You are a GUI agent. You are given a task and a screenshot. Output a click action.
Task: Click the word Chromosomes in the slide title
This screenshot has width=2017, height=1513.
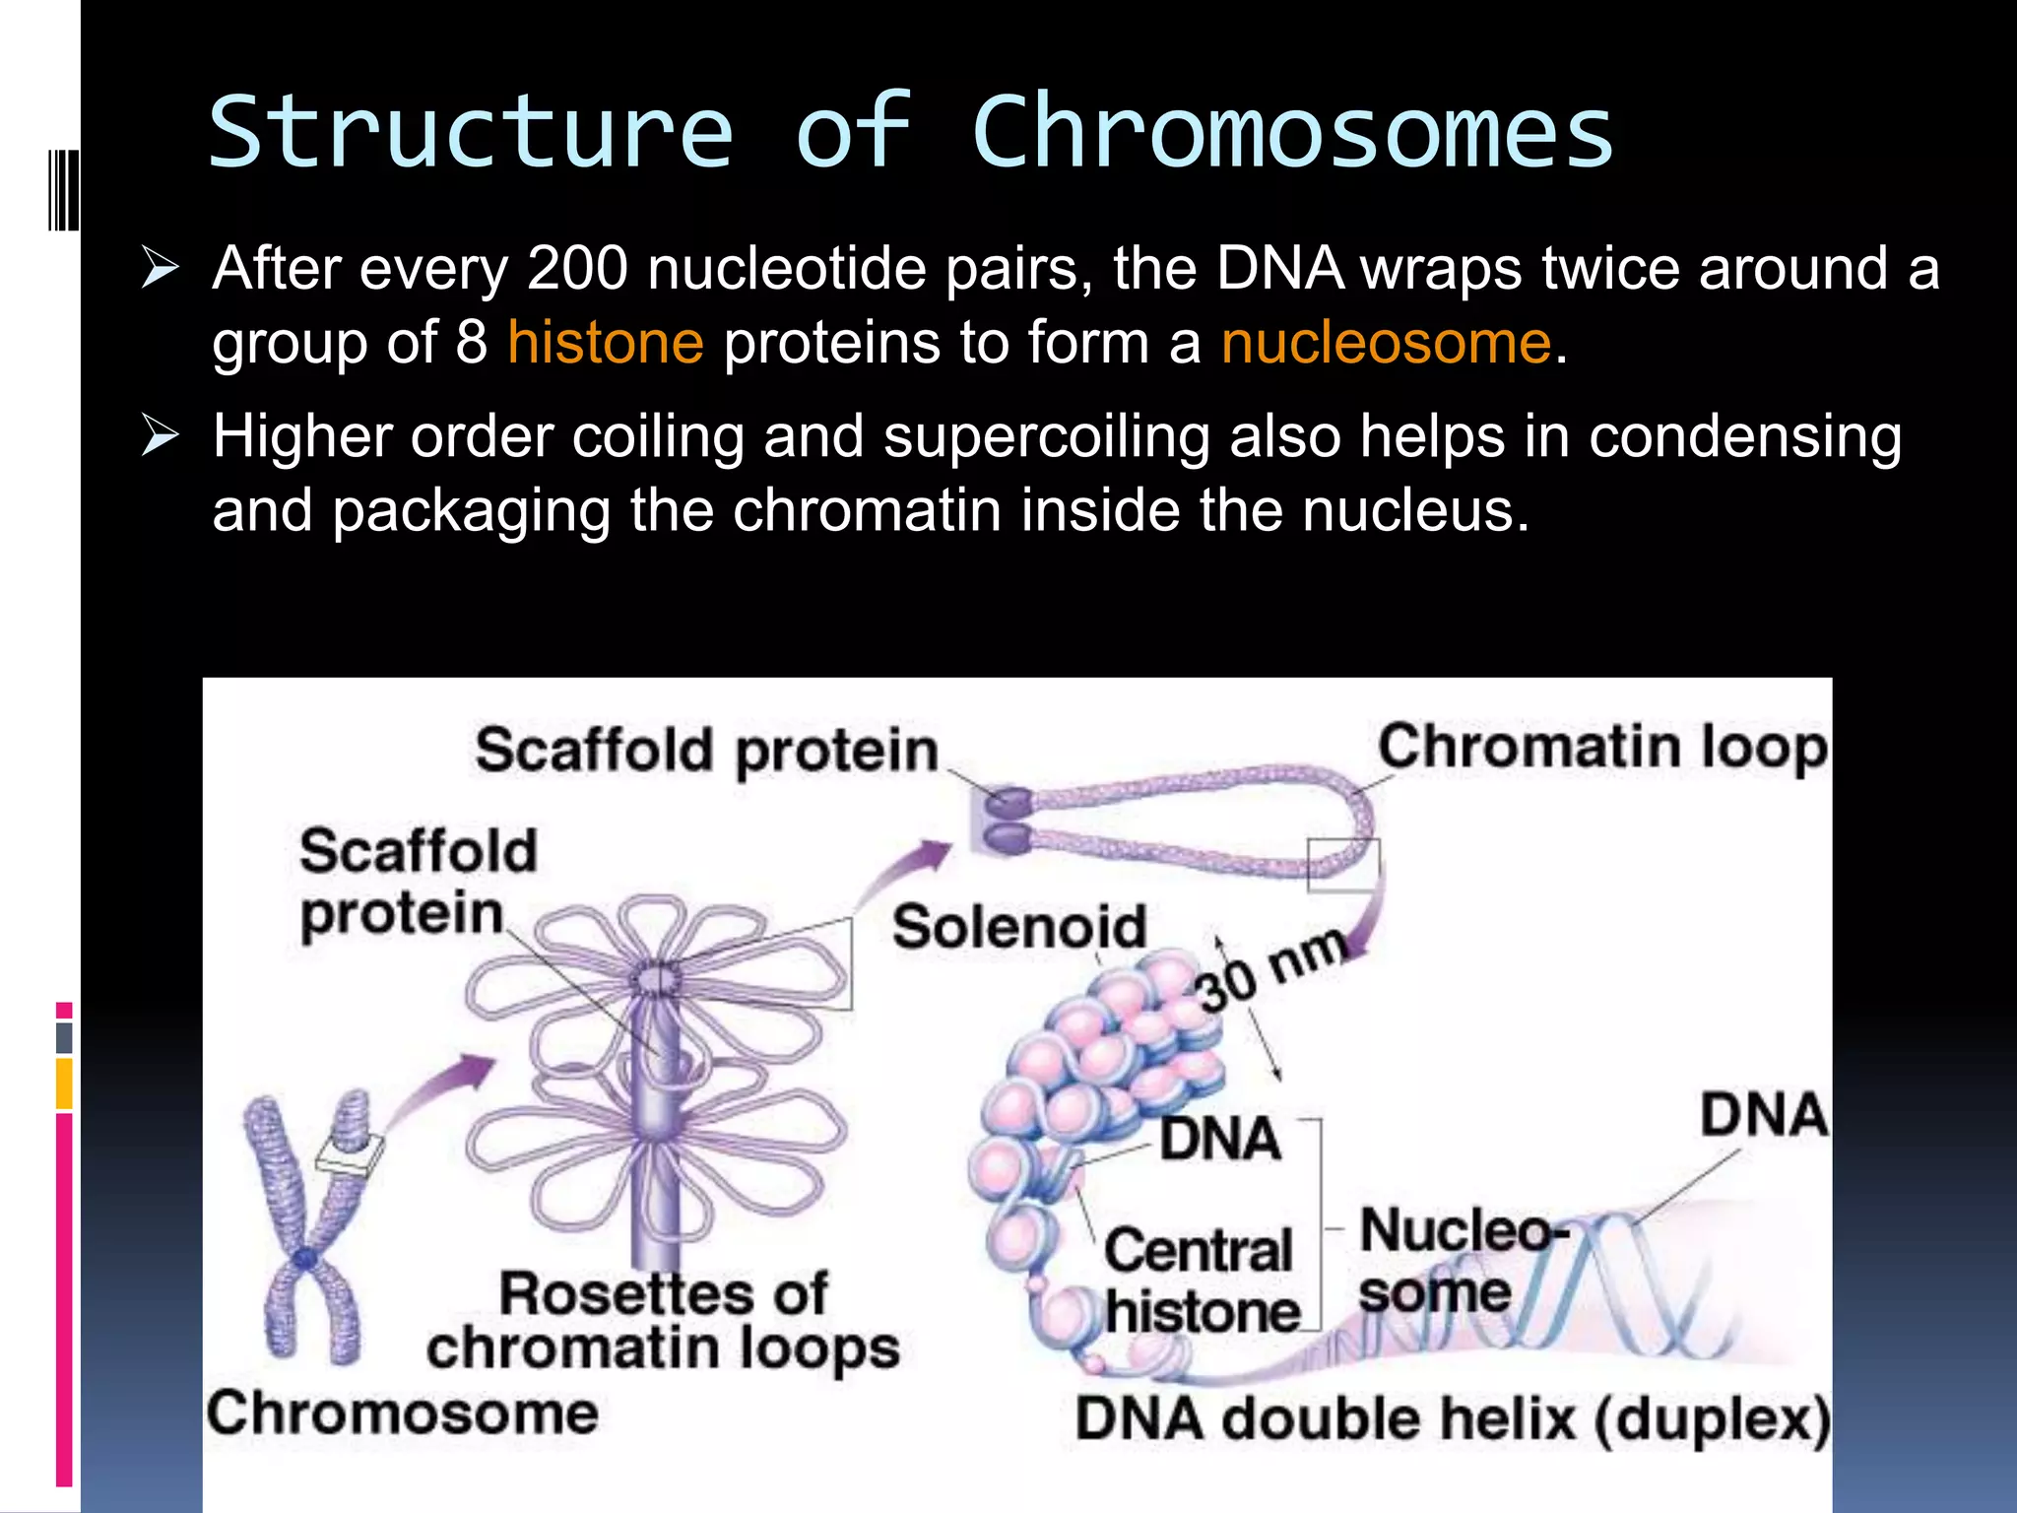point(1292,133)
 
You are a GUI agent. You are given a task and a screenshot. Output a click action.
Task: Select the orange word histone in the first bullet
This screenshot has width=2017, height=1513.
point(606,343)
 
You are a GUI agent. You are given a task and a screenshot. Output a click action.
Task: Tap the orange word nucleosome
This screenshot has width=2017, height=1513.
point(1386,343)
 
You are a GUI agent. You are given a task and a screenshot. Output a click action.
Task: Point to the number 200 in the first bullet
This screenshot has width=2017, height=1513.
point(577,268)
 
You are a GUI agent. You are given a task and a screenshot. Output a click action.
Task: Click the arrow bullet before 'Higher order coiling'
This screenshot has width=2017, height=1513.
point(160,435)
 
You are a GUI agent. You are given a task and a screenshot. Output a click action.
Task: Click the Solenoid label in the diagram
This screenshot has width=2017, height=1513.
point(1019,927)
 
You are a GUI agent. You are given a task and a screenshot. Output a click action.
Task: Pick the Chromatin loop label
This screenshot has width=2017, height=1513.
point(1601,747)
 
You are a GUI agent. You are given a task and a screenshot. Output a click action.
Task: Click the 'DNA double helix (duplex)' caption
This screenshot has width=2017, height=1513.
point(1452,1419)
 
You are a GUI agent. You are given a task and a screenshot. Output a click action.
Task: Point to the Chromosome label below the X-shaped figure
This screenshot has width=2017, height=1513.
point(402,1414)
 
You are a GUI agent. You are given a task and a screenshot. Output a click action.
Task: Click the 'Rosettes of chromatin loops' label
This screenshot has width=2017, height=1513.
point(663,1321)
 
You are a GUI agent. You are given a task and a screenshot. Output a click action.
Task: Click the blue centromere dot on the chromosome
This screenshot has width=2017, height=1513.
point(305,1259)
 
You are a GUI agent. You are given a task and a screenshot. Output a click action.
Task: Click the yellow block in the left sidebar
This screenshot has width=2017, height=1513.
point(64,1084)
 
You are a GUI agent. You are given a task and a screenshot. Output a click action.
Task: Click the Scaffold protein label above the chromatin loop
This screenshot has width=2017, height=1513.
point(706,751)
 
